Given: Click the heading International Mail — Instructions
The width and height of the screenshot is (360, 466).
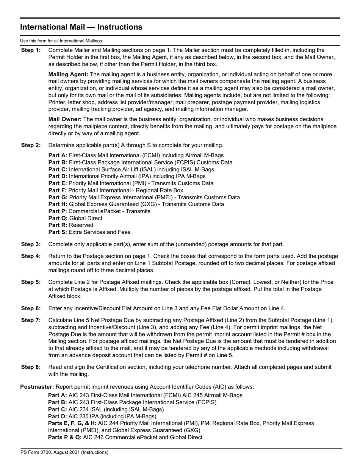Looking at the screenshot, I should pyautogui.click(x=81, y=27).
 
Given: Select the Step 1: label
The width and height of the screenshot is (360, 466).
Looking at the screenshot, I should pyautogui.click(x=30, y=50).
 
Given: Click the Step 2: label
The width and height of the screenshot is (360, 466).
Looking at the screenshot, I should pyautogui.click(x=30, y=145).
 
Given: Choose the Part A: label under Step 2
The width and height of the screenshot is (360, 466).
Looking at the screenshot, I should pyautogui.click(x=58, y=155).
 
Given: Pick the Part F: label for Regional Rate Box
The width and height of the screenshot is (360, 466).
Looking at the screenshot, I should pyautogui.click(x=58, y=190).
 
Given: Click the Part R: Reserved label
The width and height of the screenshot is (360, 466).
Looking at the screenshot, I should pyautogui.click(x=58, y=225).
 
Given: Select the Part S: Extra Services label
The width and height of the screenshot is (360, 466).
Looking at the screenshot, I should pyautogui.click(x=58, y=232).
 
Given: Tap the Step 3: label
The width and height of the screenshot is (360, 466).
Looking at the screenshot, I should pyautogui.click(x=30, y=244).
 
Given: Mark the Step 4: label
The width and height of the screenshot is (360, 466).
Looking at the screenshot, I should pyautogui.click(x=30, y=256).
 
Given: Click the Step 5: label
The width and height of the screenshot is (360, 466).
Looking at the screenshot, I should pyautogui.click(x=30, y=282).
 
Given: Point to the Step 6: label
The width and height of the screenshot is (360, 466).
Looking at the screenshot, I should pyautogui.click(x=30, y=308).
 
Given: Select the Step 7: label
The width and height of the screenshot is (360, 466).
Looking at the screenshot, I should pyautogui.click(x=30, y=321).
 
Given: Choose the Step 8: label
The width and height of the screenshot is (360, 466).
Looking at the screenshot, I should pyautogui.click(x=30, y=367).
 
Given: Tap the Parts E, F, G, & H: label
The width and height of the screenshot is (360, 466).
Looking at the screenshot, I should pyautogui.click(x=72, y=423).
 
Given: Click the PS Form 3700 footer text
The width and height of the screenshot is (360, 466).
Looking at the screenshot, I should pyautogui.click(x=64, y=452).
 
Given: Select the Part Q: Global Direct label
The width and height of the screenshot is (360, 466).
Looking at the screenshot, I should pyautogui.click(x=58, y=218).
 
